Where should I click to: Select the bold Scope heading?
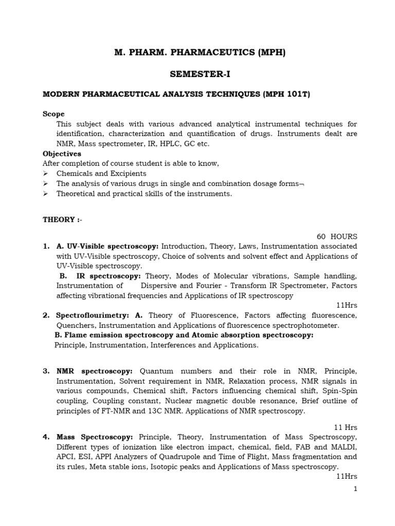[x=53, y=114]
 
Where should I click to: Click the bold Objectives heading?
[x=62, y=154]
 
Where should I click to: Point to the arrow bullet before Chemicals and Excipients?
[x=45, y=174]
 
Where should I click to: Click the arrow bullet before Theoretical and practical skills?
[x=45, y=194]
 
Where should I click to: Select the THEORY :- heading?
[x=62, y=220]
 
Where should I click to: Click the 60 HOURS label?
[x=337, y=236]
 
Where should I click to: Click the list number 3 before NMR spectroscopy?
[x=45, y=371]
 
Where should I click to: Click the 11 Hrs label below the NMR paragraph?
[x=346, y=427]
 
